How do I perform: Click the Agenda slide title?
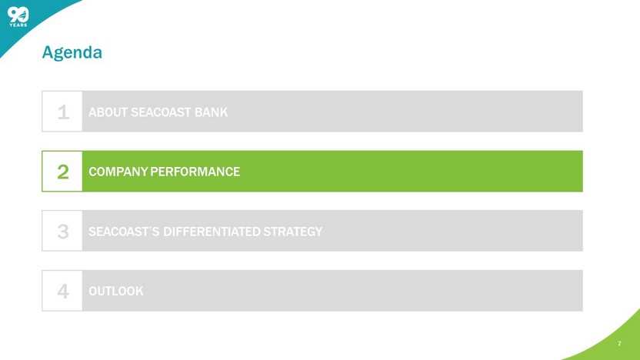[x=72, y=52]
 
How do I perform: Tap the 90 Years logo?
[x=18, y=17]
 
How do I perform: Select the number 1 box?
[x=62, y=112]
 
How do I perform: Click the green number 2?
[x=63, y=172]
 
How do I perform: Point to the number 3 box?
[x=62, y=231]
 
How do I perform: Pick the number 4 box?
[x=62, y=291]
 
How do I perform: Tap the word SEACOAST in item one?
[x=161, y=112]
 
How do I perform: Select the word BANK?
[x=211, y=112]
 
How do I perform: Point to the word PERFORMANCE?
[x=195, y=172]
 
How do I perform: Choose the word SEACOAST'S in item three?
[x=124, y=232]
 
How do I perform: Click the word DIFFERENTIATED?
[x=212, y=232]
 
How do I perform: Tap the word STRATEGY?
[x=292, y=232]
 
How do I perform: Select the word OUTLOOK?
[x=116, y=291]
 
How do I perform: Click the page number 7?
[x=619, y=344]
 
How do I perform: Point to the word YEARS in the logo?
[x=18, y=25]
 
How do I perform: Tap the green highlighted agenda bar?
[x=312, y=171]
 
